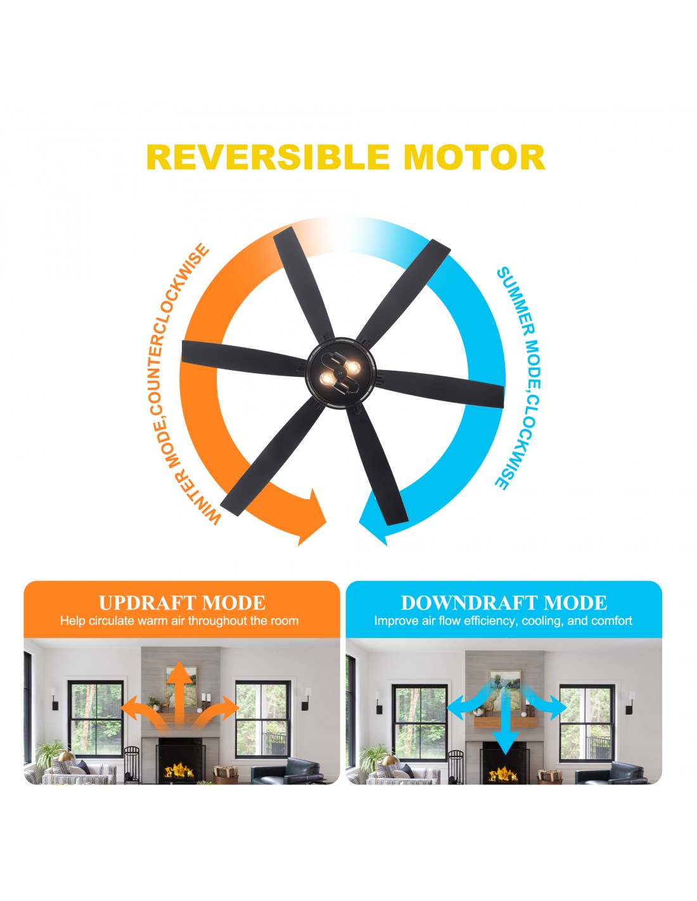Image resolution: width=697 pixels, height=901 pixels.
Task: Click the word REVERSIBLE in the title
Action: [x=268, y=157]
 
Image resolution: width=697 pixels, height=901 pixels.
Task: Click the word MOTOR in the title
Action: [x=474, y=157]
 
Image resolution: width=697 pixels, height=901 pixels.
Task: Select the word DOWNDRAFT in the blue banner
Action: [x=468, y=603]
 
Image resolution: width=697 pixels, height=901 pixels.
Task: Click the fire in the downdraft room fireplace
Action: [x=503, y=773]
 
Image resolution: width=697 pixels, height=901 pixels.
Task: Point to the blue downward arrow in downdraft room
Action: [x=505, y=718]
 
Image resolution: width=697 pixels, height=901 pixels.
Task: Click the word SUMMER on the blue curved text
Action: [x=518, y=302]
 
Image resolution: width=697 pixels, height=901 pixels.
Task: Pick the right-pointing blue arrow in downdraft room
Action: [x=546, y=706]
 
